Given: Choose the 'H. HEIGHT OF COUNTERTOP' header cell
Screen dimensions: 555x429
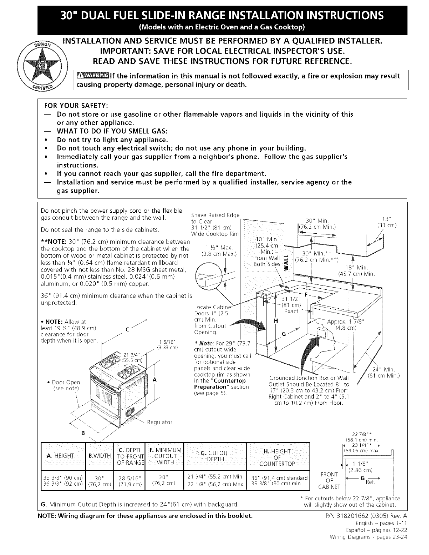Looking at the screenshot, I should pyautogui.click(x=278, y=458).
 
